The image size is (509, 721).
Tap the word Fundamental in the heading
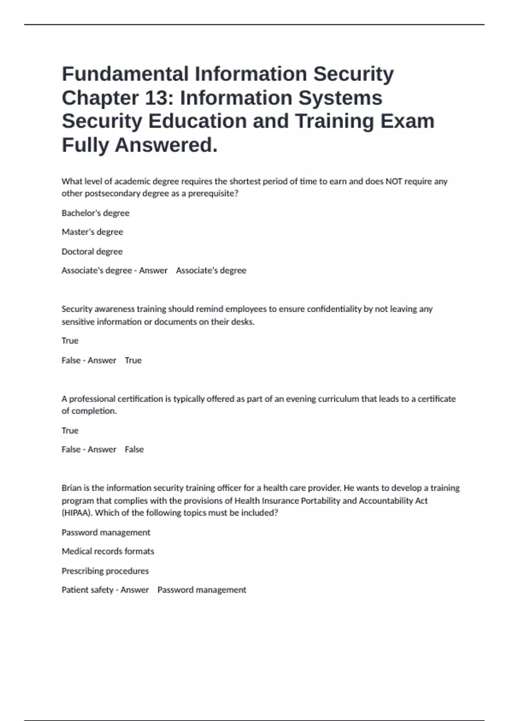pos(125,74)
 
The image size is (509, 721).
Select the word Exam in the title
pos(407,121)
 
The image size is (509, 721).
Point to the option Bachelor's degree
pos(95,213)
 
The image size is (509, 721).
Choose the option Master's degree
pos(92,232)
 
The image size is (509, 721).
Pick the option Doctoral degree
pos(92,252)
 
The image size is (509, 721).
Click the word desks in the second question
pos(243,321)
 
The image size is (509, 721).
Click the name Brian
pos(71,488)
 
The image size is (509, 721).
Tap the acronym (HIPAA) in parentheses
pos(77,513)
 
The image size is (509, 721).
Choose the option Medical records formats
pos(108,551)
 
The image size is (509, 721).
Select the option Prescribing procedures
pos(105,571)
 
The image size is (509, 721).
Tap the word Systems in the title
pos(341,98)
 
